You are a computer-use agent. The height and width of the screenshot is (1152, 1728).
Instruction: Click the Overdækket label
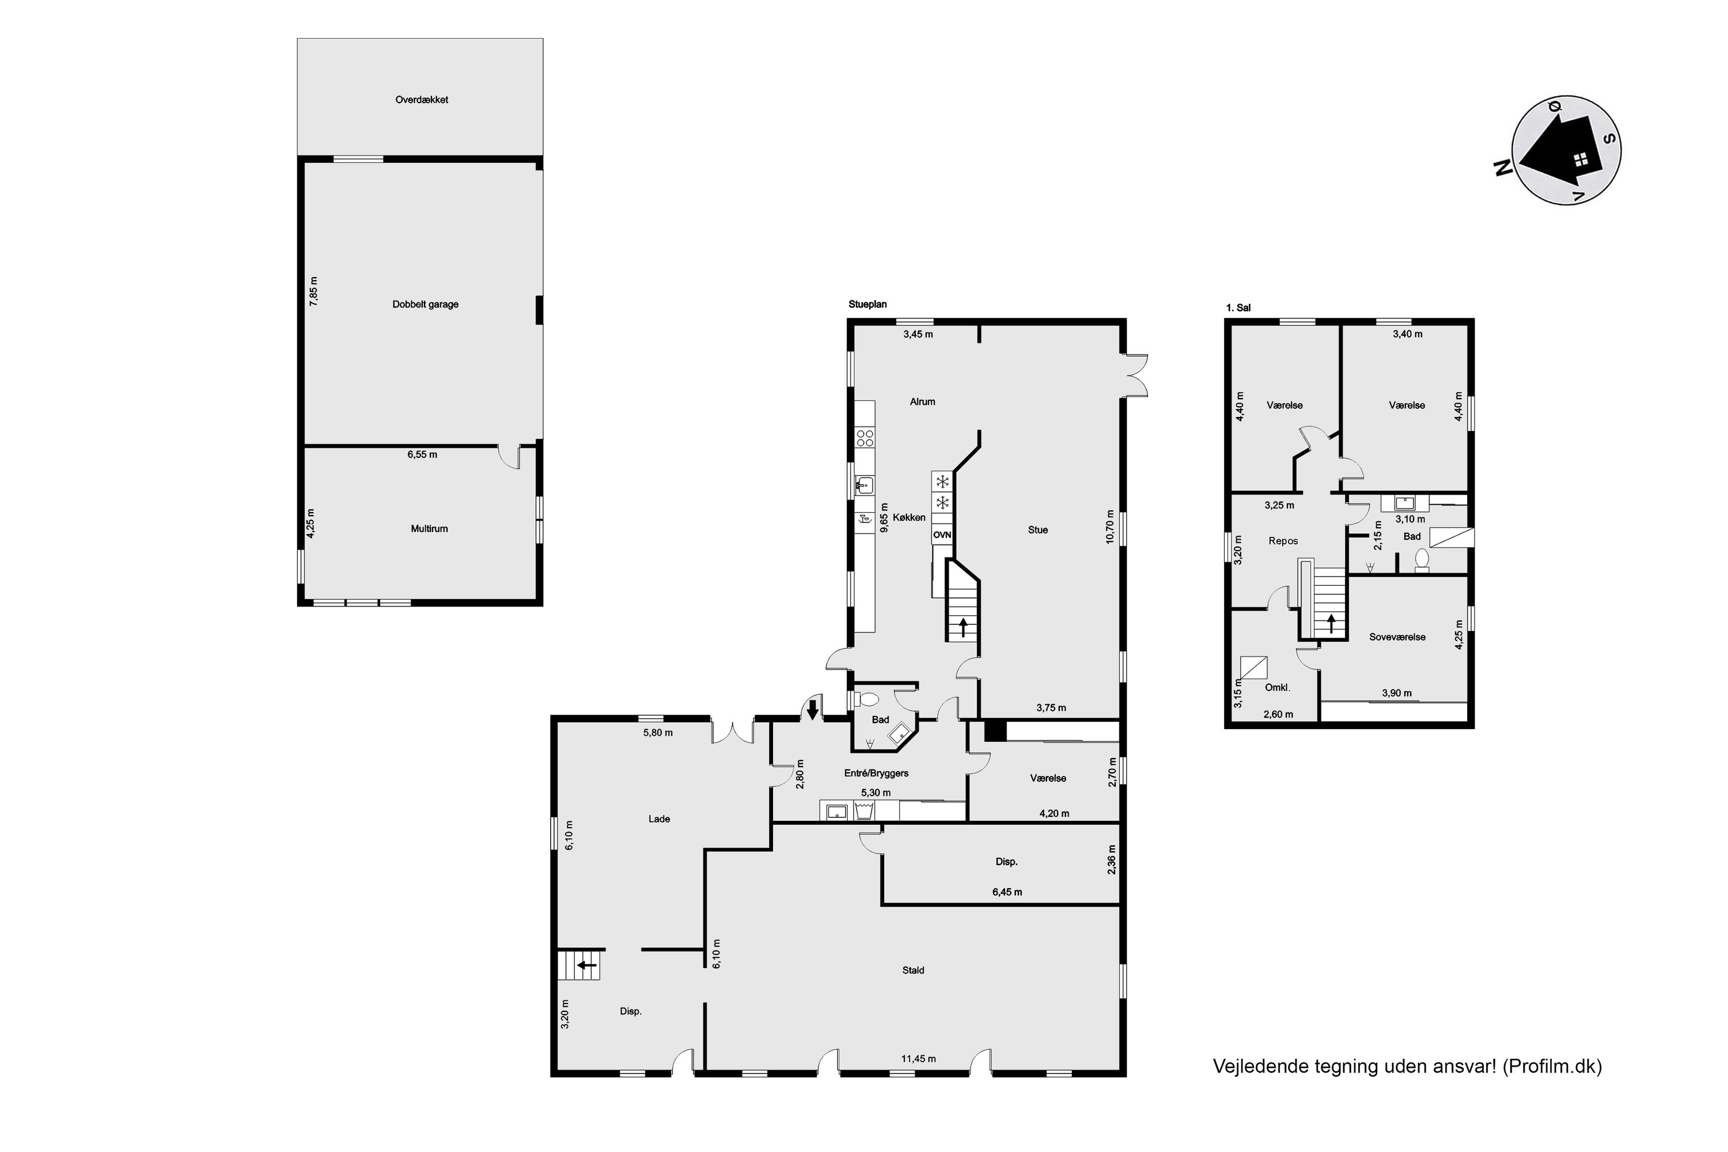coord(422,100)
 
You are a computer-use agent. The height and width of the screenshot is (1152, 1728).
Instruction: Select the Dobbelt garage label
coord(426,304)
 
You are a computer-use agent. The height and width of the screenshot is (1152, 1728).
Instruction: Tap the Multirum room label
coord(429,528)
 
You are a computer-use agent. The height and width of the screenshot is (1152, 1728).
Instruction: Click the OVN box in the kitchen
coord(942,535)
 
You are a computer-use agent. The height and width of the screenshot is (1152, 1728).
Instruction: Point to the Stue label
coord(1038,530)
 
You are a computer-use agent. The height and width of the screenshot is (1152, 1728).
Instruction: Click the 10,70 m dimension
coord(1110,527)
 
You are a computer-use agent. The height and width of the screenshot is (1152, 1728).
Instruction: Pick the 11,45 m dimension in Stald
coord(918,1059)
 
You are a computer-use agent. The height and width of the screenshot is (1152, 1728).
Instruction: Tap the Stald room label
coord(913,970)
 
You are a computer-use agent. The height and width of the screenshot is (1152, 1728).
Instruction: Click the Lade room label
coord(659,818)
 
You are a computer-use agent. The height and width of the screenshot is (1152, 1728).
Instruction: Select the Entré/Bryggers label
coord(877,773)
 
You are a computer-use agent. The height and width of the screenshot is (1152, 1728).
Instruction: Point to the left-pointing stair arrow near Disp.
coord(586,965)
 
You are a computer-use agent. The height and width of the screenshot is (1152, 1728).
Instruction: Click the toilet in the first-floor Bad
coord(1422,560)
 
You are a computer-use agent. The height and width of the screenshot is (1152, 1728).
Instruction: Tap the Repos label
coord(1283,541)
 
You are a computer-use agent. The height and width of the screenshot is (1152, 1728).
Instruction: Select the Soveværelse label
coord(1397,637)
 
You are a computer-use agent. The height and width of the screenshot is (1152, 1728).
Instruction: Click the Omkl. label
coord(1278,688)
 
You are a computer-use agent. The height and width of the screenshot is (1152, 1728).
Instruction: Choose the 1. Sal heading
coord(1239,308)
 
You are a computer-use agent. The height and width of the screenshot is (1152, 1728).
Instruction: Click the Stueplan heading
coord(867,304)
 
